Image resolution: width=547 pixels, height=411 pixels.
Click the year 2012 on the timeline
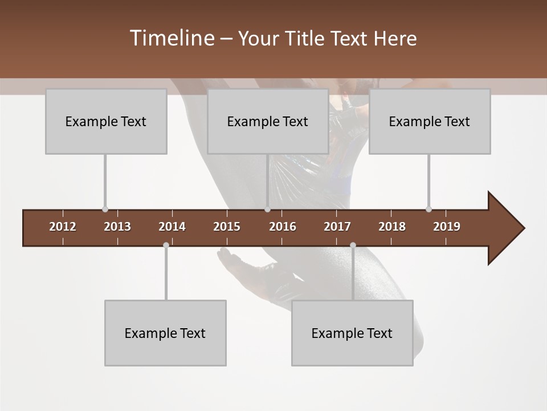pos(63,227)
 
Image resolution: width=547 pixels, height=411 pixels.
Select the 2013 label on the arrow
pos(117,227)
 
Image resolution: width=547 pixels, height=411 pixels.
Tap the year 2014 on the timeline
pos(172,227)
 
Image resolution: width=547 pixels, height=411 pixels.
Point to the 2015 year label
pos(227,227)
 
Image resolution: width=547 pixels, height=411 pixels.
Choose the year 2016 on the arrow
pos(283,227)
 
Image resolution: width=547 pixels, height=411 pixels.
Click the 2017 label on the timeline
pos(337,227)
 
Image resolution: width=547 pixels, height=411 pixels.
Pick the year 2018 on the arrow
pos(392,227)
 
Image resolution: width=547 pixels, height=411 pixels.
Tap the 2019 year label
pos(447,227)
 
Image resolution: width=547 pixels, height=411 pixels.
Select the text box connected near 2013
pos(106,121)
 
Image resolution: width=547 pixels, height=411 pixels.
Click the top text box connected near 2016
pos(268,121)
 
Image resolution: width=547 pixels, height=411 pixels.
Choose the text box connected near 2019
pos(430,121)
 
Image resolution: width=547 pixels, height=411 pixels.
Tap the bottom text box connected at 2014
pos(165,333)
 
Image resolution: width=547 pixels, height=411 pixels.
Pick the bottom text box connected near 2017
pos(352,333)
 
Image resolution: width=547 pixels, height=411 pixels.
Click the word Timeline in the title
pos(172,38)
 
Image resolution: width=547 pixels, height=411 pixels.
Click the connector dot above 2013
pos(105,209)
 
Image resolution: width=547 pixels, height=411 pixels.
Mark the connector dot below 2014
pos(166,245)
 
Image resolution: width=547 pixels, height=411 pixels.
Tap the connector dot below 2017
pos(353,245)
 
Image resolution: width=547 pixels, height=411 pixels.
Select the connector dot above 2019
pos(428,209)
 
